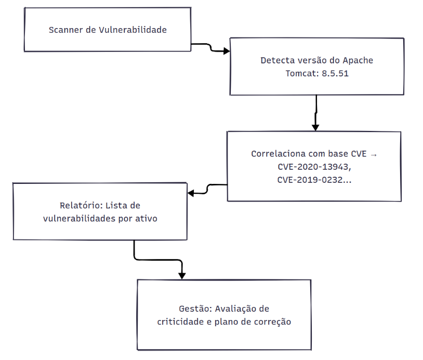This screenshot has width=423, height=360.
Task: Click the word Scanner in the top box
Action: click(66, 30)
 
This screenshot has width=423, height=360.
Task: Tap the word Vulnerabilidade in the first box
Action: click(133, 30)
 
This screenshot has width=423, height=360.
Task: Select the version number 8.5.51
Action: click(335, 73)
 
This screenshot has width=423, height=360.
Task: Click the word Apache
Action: click(358, 61)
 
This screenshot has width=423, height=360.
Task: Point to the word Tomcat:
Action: click(302, 73)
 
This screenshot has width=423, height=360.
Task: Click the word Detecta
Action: click(278, 60)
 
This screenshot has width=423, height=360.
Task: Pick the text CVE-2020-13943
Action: click(313, 167)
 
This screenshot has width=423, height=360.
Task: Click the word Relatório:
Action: click(81, 206)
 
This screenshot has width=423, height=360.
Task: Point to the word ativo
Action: click(146, 218)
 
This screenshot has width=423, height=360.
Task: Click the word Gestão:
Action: click(195, 309)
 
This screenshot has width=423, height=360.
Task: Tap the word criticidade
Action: click(180, 322)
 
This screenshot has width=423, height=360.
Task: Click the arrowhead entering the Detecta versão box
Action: click(227, 51)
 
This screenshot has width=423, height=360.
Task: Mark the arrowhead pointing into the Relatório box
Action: click(191, 193)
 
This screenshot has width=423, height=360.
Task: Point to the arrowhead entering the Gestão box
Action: click(182, 276)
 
